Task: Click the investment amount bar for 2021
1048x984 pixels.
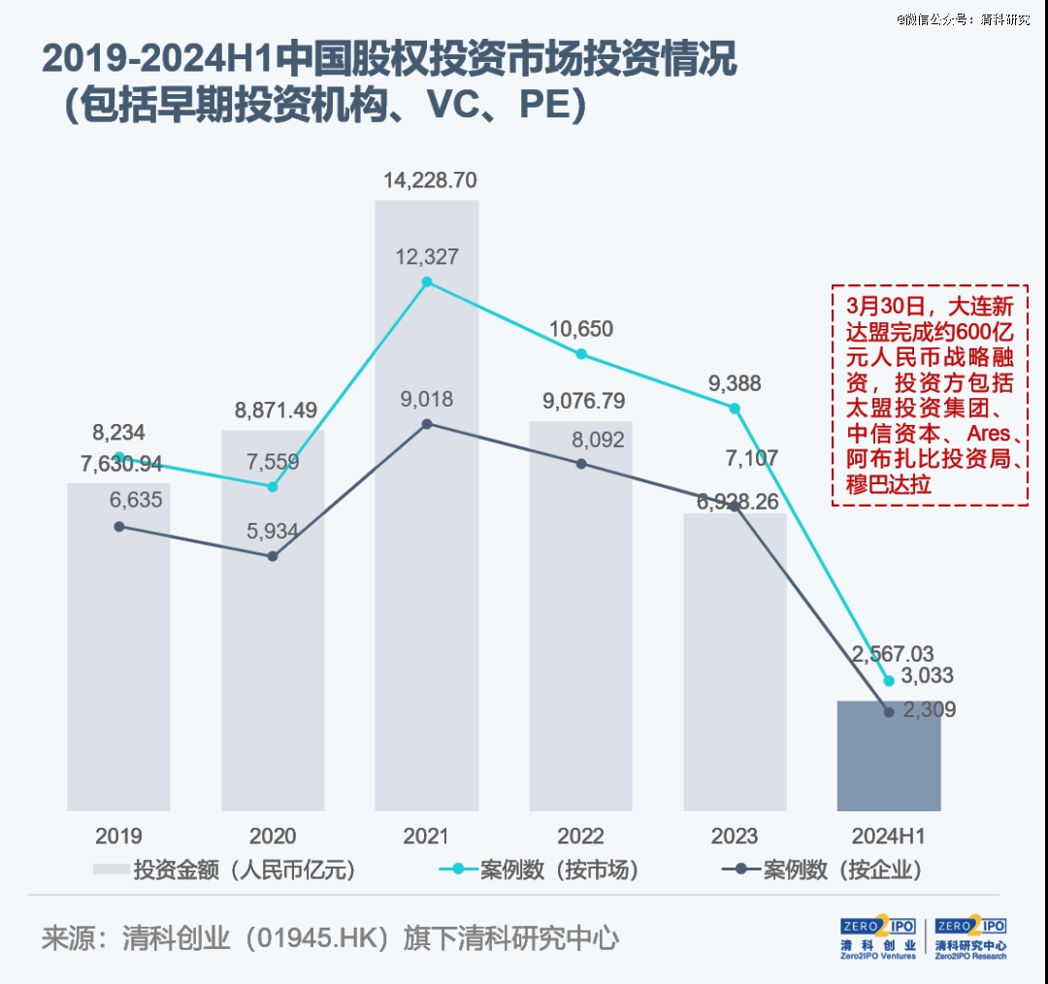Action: click(427, 582)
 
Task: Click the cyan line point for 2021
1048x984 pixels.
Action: click(427, 282)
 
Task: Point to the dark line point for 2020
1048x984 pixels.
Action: click(273, 556)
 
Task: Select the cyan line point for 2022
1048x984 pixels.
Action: click(581, 354)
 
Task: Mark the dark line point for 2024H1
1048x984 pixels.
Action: click(889, 712)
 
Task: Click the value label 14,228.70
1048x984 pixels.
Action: click(430, 180)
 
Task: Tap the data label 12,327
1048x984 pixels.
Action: click(427, 257)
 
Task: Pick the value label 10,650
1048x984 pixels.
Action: click(581, 329)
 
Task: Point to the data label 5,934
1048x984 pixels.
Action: click(273, 531)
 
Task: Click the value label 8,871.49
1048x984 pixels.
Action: click(276, 410)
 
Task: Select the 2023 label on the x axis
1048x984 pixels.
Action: click(735, 836)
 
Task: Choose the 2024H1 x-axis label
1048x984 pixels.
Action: click(888, 836)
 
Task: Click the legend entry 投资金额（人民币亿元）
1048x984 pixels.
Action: click(225, 869)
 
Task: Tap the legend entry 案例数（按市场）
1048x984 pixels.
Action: click(539, 869)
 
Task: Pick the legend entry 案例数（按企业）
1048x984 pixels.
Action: click(821, 869)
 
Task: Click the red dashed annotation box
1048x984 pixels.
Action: click(930, 395)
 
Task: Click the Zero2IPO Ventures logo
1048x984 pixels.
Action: click(878, 937)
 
